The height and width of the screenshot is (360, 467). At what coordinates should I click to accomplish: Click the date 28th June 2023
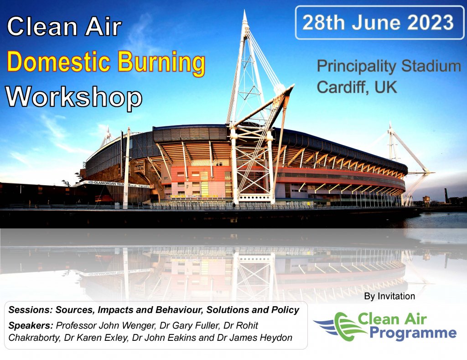point(378,22)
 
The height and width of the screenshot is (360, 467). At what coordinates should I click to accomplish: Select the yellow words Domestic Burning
point(106,62)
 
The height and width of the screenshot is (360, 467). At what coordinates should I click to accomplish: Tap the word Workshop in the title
point(74,97)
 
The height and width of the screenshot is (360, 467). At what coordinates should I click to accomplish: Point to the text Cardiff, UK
point(357,87)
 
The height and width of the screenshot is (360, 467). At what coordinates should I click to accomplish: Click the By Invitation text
point(389,296)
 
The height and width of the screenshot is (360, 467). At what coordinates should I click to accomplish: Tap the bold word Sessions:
point(31,310)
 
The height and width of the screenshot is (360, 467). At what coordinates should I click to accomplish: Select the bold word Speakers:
point(31,325)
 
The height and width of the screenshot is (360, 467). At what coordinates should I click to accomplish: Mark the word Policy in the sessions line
point(285,310)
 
